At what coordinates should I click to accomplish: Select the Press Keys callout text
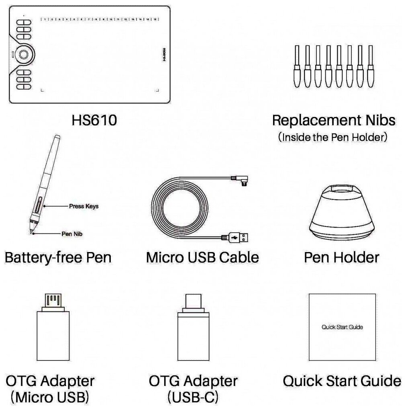pyautogui.click(x=84, y=206)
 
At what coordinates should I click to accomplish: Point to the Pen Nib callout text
pyautogui.click(x=72, y=233)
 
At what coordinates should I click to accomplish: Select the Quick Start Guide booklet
pyautogui.click(x=342, y=327)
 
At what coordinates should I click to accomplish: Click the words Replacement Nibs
pyautogui.click(x=333, y=120)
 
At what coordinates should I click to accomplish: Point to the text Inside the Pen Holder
pyautogui.click(x=333, y=137)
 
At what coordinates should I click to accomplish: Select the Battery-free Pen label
pyautogui.click(x=58, y=257)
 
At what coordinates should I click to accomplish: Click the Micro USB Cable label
pyautogui.click(x=202, y=257)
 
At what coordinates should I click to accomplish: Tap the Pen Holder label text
pyautogui.click(x=341, y=257)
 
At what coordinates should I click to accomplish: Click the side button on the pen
pyautogui.click(x=39, y=205)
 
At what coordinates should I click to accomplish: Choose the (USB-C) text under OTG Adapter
pyautogui.click(x=193, y=397)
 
